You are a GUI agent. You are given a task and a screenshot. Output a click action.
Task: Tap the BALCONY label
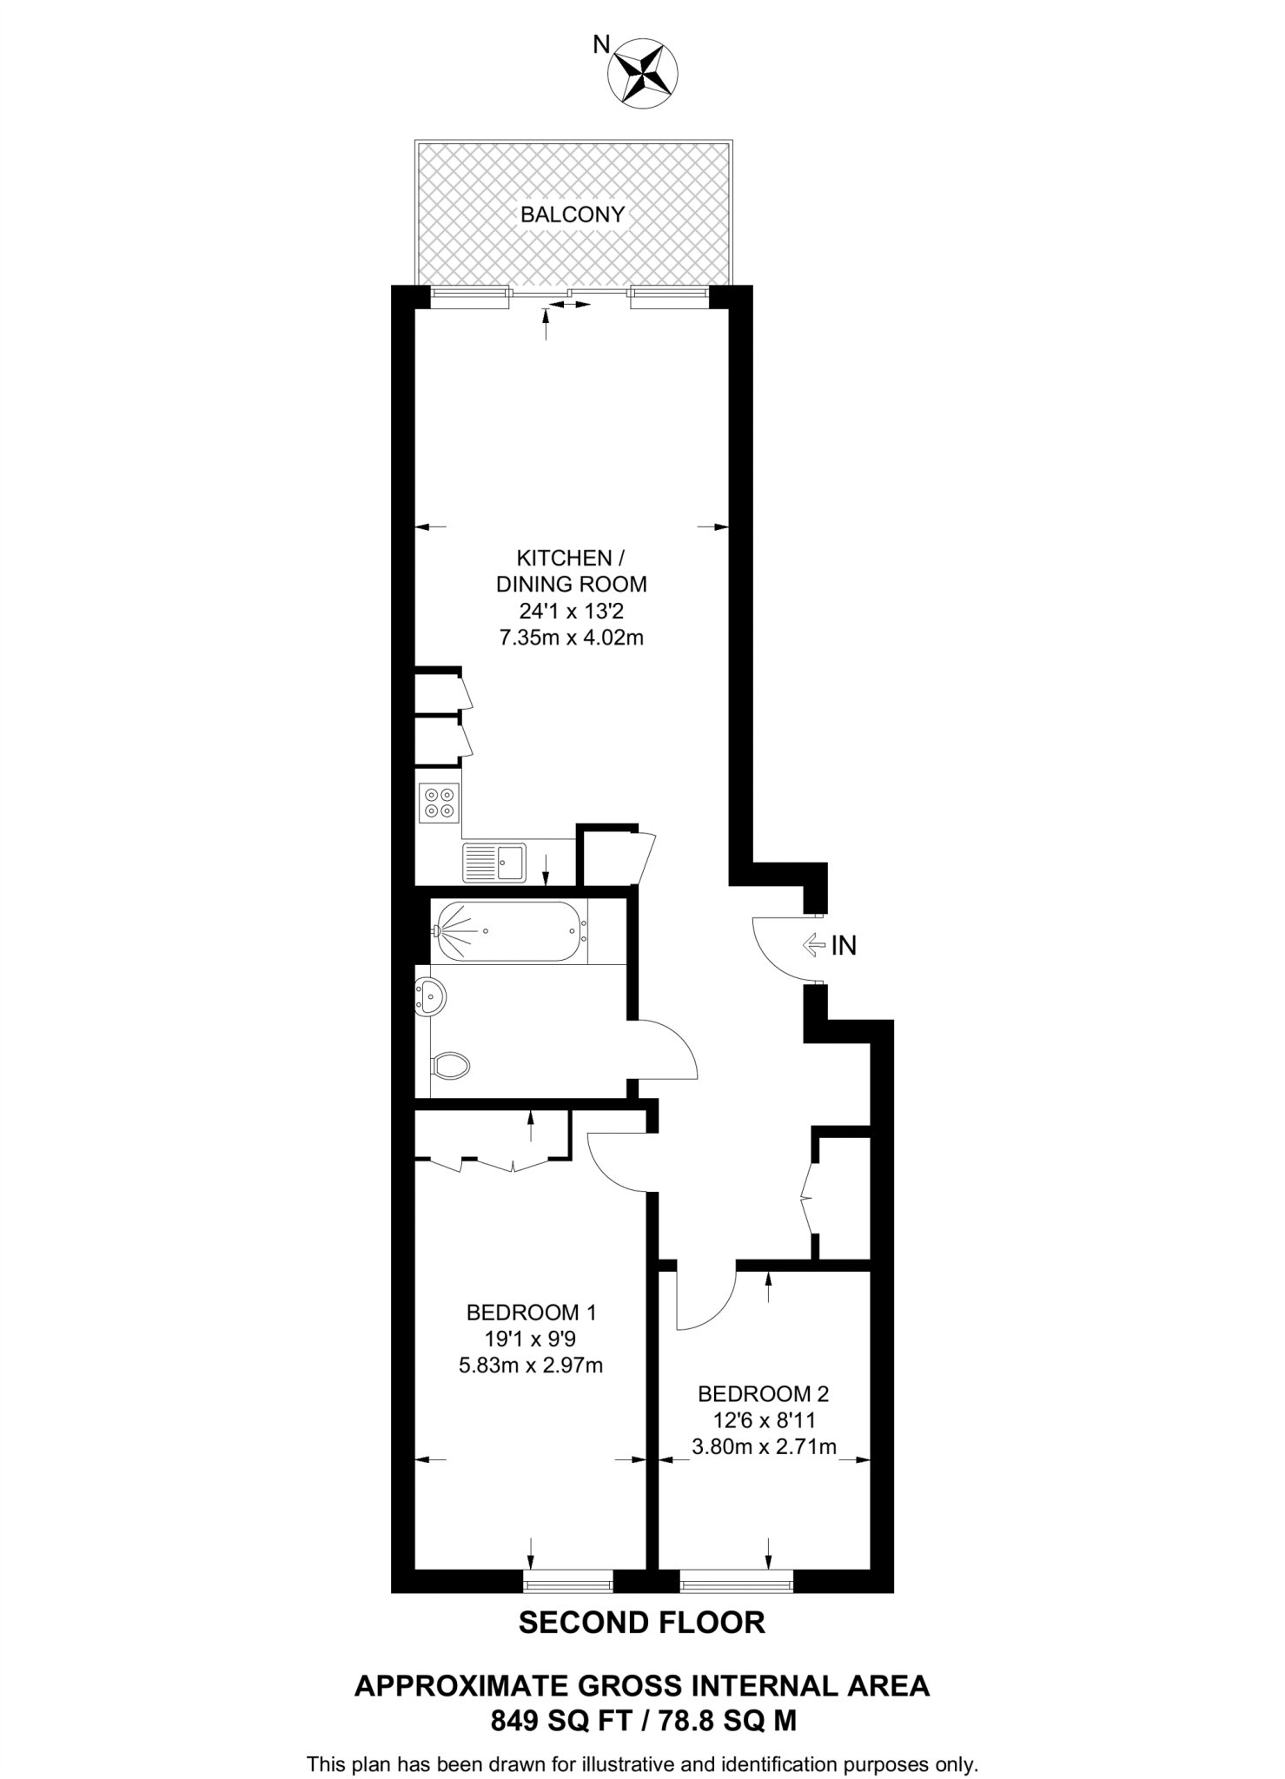coord(573,215)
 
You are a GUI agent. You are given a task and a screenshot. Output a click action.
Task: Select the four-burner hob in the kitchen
coord(438,802)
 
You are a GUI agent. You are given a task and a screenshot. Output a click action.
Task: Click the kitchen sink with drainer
coord(493,863)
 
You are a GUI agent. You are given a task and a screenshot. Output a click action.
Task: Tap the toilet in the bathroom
coord(449,1066)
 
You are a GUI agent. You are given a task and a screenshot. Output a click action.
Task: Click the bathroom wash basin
coord(430,996)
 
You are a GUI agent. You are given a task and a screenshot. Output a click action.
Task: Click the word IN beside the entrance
coord(844,946)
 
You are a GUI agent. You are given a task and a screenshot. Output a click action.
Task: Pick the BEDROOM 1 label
coord(531,1312)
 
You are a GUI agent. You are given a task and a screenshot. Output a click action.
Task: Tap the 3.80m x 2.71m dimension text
coord(764,1447)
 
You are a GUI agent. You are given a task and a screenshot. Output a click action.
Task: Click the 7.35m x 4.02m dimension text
coord(571,638)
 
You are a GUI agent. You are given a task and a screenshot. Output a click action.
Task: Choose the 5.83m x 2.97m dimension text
coord(531,1366)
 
